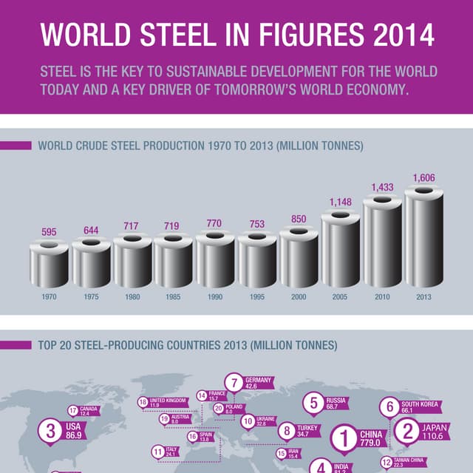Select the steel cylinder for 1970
point(49,265)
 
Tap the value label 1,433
point(382,188)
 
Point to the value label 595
point(49,232)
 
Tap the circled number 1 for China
point(343,438)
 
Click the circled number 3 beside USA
point(50,432)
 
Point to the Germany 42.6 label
point(258,383)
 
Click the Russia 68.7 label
point(336,404)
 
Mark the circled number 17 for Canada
point(72,411)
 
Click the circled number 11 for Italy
point(158,452)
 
